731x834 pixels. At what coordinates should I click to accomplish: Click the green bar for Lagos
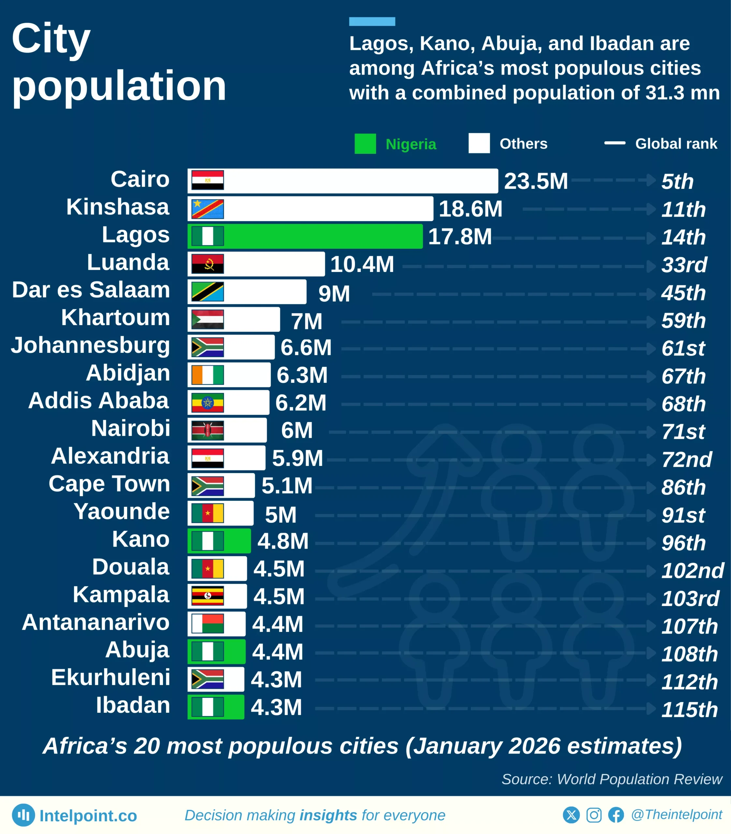322,236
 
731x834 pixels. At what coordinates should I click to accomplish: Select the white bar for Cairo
359,181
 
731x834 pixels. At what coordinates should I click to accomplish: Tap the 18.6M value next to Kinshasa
470,209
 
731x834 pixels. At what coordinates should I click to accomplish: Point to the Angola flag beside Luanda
208,264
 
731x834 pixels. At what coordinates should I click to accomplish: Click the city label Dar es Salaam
91,290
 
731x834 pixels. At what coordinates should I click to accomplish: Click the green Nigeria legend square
365,144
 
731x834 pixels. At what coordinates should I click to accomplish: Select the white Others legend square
479,143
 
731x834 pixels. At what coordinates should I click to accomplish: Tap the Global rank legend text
676,144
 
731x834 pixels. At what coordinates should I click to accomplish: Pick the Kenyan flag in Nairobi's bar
208,430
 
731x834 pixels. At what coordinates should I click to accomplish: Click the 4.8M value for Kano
283,541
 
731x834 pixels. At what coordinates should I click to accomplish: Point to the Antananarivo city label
96,622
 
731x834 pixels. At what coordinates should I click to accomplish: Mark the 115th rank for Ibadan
689,710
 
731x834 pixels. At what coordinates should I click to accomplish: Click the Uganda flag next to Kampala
208,596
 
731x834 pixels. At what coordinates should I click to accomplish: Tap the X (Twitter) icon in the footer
571,815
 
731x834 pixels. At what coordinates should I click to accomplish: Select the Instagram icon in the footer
593,815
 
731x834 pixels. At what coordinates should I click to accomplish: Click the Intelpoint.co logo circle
23,815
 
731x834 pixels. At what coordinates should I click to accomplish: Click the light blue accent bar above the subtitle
372,22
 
